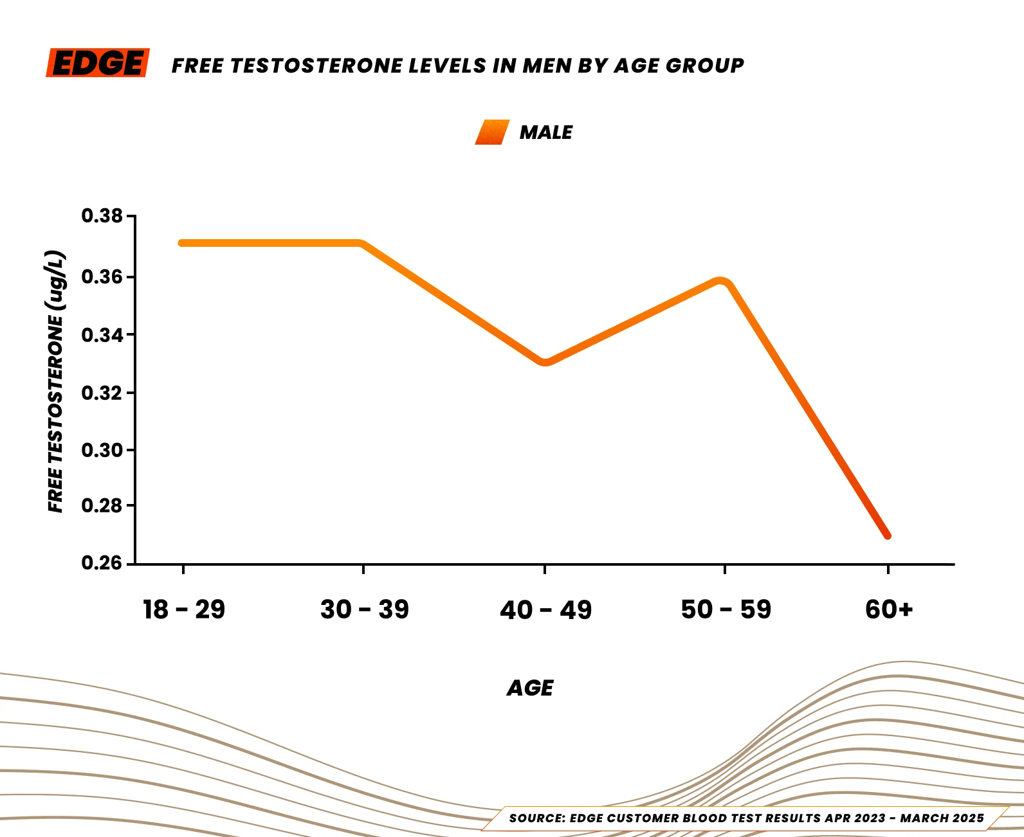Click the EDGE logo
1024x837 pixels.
tap(98, 63)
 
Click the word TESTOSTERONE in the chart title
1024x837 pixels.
tap(318, 66)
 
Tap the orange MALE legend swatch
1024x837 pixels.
tap(492, 132)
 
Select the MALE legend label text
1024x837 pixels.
tap(545, 132)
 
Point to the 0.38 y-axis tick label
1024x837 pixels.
tap(102, 216)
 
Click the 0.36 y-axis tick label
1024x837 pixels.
tap(102, 277)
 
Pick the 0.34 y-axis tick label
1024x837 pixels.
tap(102, 335)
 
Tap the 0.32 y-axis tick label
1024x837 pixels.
tap(102, 393)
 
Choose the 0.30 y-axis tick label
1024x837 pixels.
tap(102, 450)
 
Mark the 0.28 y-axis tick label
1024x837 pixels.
tap(102, 506)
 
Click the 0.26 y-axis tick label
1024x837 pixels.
tap(102, 563)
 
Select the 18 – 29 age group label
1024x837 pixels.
tap(184, 609)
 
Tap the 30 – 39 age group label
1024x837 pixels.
tap(364, 609)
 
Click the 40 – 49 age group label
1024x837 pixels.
tap(545, 610)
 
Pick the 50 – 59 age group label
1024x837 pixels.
tap(726, 609)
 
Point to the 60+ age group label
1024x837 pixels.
tap(889, 609)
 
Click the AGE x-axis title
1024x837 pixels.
tap(530, 688)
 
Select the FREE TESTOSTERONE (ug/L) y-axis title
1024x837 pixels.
tap(56, 381)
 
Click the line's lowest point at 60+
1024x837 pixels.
tap(887, 535)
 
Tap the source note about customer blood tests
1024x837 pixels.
tap(746, 818)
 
